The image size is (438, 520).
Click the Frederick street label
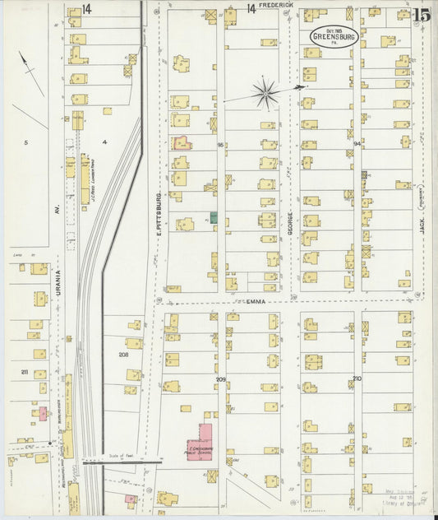[275, 5]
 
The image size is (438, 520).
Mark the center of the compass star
[265, 94]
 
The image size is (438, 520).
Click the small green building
[214, 217]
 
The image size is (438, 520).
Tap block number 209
[220, 378]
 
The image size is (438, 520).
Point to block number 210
[357, 378]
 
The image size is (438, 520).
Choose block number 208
[123, 355]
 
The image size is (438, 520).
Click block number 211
[24, 373]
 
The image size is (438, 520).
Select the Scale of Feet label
[120, 454]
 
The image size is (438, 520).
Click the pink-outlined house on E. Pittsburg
[182, 142]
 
